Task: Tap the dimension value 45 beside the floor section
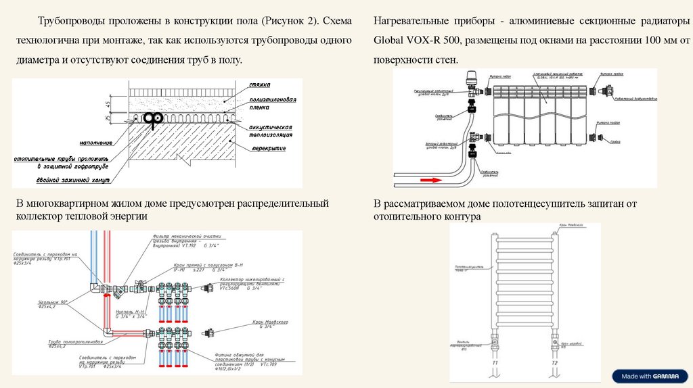[x=108, y=104]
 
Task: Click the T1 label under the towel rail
[x=495, y=364]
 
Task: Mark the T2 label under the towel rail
[x=554, y=364]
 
